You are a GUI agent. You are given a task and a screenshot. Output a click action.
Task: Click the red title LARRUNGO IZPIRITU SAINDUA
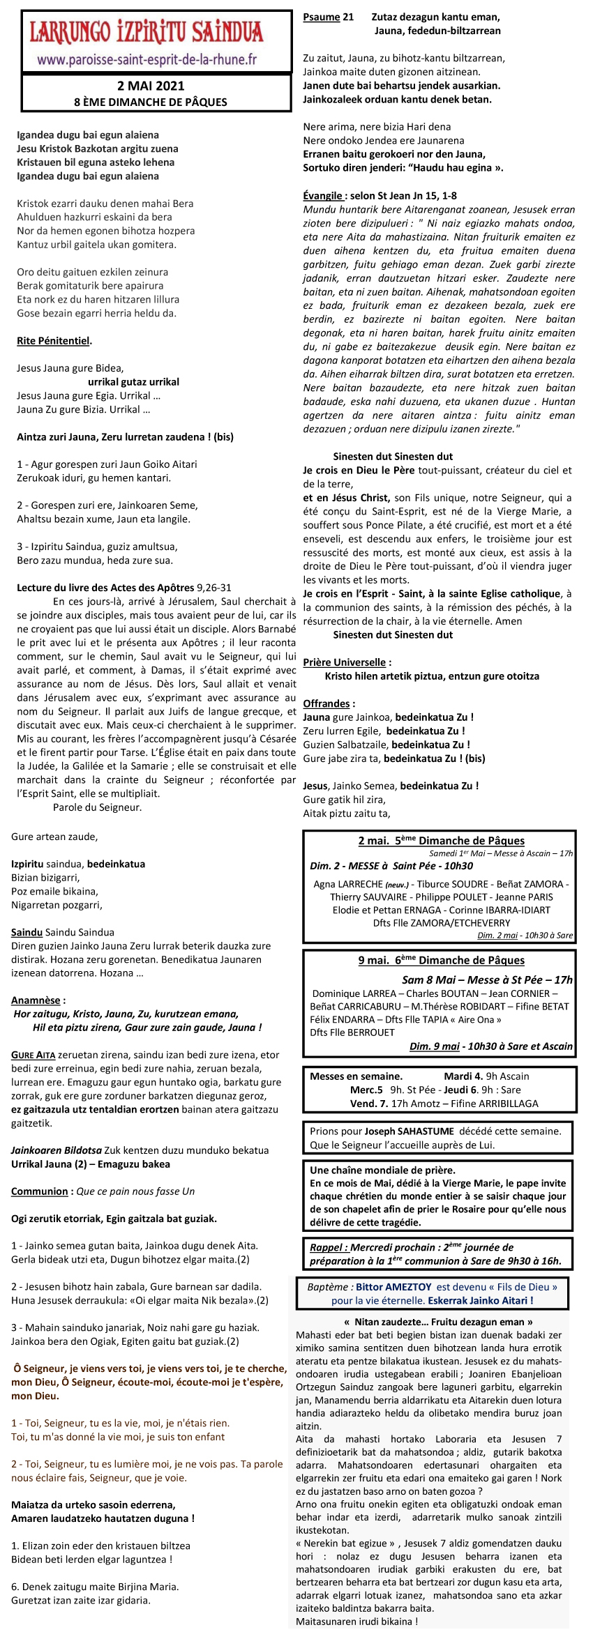tap(147, 32)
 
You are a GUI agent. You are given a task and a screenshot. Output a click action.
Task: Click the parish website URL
tap(147, 59)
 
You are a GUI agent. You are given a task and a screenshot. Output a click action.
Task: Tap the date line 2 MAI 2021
tap(151, 86)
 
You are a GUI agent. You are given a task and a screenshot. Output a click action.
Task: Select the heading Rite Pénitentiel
tap(53, 341)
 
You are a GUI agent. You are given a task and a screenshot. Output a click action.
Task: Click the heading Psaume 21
tap(328, 17)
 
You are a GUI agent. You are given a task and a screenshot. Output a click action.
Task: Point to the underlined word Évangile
tap(322, 196)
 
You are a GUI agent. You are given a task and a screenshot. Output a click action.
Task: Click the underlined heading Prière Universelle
tap(345, 662)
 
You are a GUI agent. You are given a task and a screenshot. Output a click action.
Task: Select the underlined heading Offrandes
tap(326, 703)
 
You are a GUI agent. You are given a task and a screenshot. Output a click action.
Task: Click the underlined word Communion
tap(39, 1191)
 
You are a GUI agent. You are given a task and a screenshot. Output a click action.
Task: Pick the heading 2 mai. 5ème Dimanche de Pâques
tap(441, 841)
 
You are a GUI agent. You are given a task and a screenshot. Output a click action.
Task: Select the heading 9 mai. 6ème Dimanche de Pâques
tap(441, 960)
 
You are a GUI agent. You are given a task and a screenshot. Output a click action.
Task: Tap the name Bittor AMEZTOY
tap(394, 1287)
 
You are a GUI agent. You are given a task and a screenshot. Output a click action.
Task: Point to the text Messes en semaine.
tap(356, 1076)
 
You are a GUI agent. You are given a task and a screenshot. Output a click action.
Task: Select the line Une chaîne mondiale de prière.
tap(382, 1170)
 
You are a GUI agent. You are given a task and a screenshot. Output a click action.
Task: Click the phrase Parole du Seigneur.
tap(97, 807)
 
